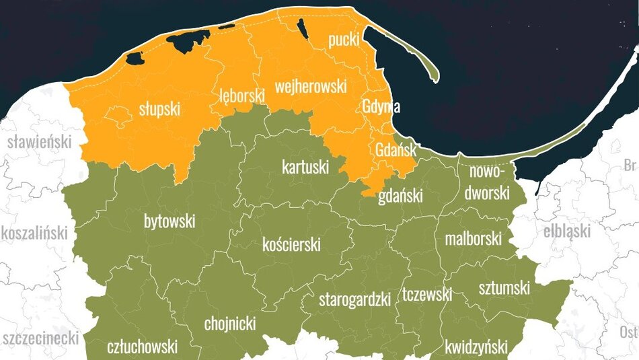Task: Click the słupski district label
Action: (159, 109)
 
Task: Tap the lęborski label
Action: (242, 96)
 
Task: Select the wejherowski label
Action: (310, 87)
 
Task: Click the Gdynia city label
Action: (381, 107)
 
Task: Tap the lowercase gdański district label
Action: (400, 196)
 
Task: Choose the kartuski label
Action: (305, 166)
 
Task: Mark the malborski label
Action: (474, 239)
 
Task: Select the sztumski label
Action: (504, 289)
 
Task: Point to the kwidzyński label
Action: (476, 347)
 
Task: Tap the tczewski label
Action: (427, 295)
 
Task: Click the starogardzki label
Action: (354, 299)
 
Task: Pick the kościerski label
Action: (292, 245)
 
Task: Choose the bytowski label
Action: (170, 221)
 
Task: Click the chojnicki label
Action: (230, 324)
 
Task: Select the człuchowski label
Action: (143, 347)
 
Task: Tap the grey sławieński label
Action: (39, 142)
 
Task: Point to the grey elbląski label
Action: (567, 232)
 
